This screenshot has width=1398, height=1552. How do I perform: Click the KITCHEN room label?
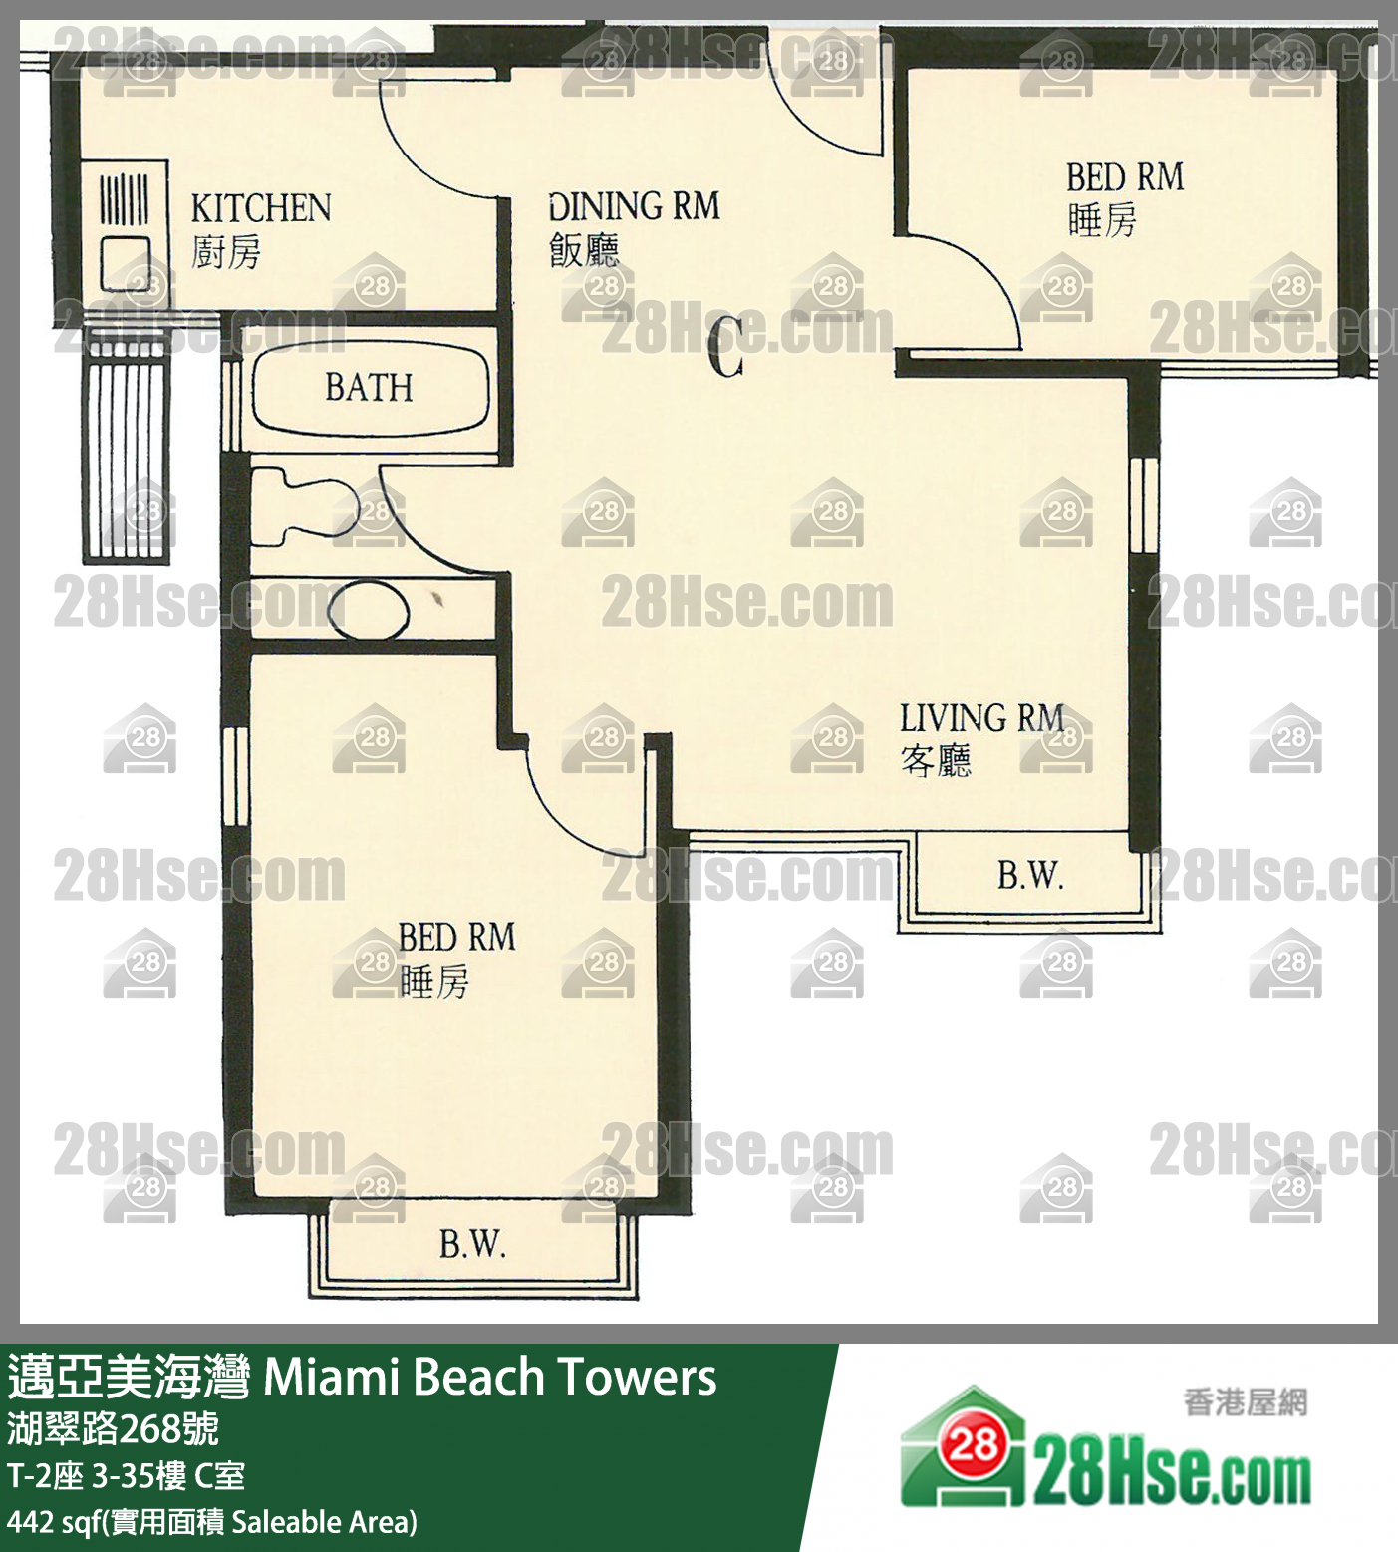click(x=261, y=208)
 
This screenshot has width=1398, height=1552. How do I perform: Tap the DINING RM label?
click(x=634, y=206)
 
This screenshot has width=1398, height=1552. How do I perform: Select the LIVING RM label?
click(x=982, y=718)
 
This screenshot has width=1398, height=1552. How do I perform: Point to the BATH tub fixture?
click(x=370, y=388)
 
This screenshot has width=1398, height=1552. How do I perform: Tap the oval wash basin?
click(x=369, y=611)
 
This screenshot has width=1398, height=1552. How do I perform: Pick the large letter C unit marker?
click(x=726, y=347)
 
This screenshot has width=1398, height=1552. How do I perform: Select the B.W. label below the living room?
click(x=1030, y=875)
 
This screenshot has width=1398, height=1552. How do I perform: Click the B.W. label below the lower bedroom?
click(x=472, y=1243)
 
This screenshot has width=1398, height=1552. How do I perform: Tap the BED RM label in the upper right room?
click(x=1125, y=178)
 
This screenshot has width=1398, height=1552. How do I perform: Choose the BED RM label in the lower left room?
click(x=457, y=938)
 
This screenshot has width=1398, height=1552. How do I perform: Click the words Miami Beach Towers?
click(x=490, y=1377)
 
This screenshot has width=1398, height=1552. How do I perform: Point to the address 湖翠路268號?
click(x=113, y=1429)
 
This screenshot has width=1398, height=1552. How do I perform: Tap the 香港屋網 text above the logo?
click(x=1246, y=1402)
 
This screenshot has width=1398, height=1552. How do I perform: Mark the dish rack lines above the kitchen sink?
click(x=125, y=197)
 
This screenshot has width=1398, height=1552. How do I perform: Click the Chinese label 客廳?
click(x=936, y=762)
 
